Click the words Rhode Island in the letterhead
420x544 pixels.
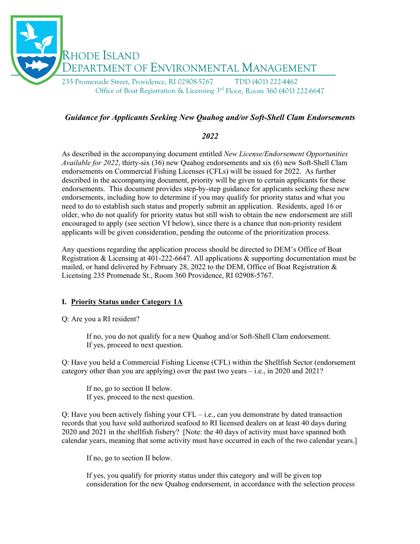(101, 56)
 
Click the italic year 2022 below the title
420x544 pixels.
(210, 137)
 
